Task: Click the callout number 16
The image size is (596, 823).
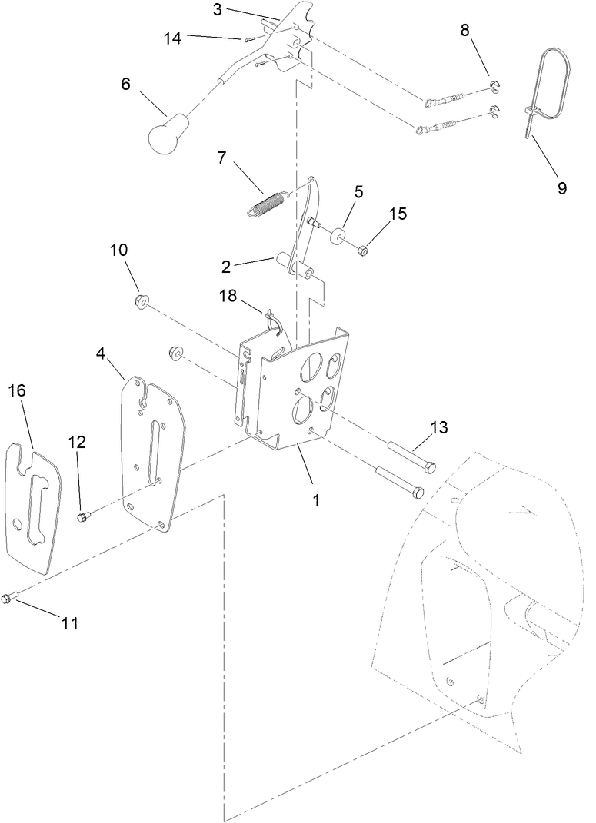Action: [17, 390]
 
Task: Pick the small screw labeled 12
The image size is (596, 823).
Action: [83, 516]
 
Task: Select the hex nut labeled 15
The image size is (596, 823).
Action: [365, 250]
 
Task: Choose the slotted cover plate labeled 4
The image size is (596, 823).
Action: [154, 453]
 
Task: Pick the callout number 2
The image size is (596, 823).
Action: [226, 267]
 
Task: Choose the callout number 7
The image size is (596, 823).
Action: [222, 158]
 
